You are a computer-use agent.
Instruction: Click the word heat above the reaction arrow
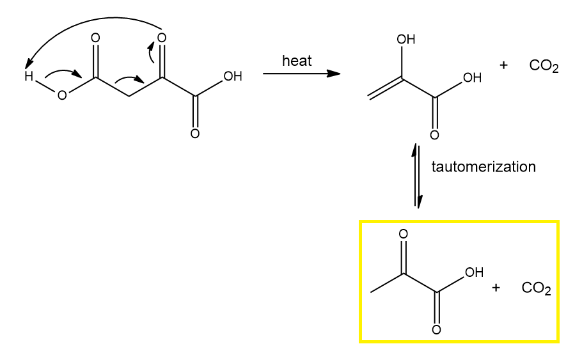click(x=297, y=61)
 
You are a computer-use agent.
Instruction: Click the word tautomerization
click(x=484, y=168)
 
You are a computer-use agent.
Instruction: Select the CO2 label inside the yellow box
click(x=536, y=288)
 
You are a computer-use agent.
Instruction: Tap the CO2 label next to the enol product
click(x=544, y=67)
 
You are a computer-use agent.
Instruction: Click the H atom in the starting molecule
click(x=28, y=77)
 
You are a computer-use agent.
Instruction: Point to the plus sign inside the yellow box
click(x=496, y=288)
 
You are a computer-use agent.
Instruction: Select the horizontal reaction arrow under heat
click(x=301, y=74)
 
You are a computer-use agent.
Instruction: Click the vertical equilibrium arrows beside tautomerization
click(x=417, y=176)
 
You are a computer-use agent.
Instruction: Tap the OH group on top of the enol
click(x=406, y=40)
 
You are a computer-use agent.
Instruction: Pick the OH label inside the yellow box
click(x=474, y=273)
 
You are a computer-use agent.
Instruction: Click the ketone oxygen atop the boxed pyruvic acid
click(x=403, y=235)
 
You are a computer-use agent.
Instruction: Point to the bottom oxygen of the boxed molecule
click(x=436, y=330)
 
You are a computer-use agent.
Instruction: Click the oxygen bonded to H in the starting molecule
click(x=62, y=96)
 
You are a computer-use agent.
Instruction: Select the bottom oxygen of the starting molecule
click(x=195, y=134)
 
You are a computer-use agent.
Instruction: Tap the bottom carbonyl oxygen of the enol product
click(x=434, y=135)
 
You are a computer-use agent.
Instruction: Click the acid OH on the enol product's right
click(x=472, y=78)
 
